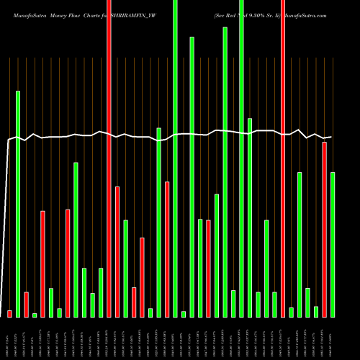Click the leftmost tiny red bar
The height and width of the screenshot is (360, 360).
point(10,313)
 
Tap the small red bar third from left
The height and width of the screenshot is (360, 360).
point(27,304)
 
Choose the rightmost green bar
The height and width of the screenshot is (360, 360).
point(333,244)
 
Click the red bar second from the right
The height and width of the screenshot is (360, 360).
point(325,229)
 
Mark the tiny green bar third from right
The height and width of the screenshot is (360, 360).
point(316,311)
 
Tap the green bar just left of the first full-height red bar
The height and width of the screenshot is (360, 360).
point(102,292)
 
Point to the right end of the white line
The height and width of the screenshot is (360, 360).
point(331,137)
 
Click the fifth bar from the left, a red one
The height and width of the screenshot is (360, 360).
point(43,264)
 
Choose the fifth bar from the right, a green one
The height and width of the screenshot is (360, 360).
point(300,244)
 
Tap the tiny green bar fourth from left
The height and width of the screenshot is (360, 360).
point(35,315)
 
